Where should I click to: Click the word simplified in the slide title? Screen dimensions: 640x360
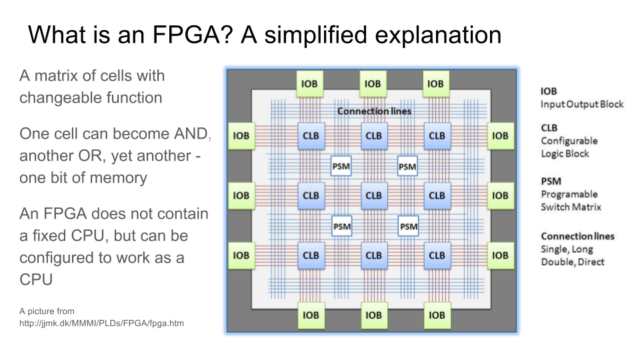[x=316, y=35]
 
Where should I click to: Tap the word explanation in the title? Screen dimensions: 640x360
[x=438, y=35]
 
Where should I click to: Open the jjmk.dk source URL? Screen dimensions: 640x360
[x=101, y=323]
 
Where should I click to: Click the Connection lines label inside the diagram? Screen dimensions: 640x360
[x=374, y=111]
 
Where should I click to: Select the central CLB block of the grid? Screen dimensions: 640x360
[x=374, y=195]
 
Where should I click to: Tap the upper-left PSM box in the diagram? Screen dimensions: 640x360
[x=341, y=166]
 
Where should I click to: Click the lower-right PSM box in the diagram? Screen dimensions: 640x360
[x=409, y=227]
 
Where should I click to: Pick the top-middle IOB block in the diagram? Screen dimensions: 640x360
[x=373, y=84]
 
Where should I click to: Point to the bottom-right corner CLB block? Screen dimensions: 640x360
[x=437, y=255]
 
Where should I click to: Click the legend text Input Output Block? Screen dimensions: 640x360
[x=582, y=105]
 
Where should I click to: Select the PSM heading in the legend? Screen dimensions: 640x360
[x=551, y=181]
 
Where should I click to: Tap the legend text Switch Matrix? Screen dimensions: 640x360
[x=571, y=207]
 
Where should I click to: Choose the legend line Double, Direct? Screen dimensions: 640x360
[x=573, y=262]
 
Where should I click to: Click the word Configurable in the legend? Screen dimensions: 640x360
[x=569, y=141]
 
